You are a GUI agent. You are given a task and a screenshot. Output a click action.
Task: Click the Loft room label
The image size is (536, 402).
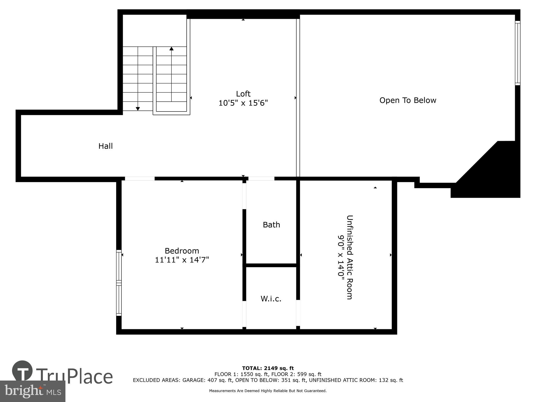(x=243, y=94)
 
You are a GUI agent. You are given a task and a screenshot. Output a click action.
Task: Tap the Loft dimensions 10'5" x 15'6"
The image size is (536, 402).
(x=243, y=103)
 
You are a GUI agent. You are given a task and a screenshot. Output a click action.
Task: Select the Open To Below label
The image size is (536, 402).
(x=407, y=100)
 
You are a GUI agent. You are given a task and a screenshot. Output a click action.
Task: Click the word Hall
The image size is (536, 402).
(x=105, y=146)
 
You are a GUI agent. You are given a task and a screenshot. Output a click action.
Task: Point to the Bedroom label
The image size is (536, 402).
(x=182, y=251)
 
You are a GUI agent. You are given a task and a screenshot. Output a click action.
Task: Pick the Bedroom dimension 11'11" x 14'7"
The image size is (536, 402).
(x=182, y=260)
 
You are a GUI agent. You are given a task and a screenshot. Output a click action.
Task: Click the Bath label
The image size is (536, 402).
(x=271, y=225)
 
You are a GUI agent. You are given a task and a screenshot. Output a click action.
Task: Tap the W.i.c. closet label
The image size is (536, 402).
(x=271, y=299)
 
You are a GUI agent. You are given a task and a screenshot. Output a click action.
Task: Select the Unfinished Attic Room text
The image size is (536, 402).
(x=350, y=257)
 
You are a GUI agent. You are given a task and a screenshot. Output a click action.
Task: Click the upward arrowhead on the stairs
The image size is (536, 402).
(x=171, y=49)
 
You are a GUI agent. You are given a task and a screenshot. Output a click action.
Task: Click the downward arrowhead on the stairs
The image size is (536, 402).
(x=138, y=109)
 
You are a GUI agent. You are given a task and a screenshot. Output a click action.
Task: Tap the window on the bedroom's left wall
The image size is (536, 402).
(x=119, y=283)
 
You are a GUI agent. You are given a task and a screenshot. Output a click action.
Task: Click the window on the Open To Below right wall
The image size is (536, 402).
(x=517, y=53)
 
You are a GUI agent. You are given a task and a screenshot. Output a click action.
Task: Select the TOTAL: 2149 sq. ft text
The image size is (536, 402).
(x=268, y=368)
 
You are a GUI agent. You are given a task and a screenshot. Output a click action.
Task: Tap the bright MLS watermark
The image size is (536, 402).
(x=32, y=391)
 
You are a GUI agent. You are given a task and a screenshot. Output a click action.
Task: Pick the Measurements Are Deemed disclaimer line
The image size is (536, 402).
(x=268, y=391)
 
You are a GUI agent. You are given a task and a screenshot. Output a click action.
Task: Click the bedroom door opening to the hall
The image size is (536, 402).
(x=139, y=179)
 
